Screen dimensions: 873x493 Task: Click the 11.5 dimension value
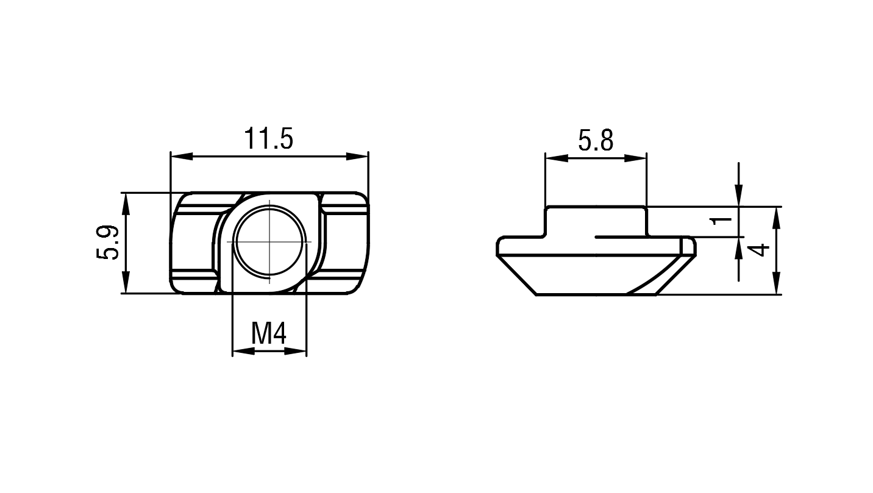pos(268,138)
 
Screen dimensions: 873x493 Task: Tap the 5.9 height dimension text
pos(107,242)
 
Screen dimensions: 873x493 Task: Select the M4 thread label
pos(268,333)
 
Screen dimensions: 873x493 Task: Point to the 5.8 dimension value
pos(596,140)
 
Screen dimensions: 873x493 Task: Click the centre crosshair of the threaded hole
pos(269,242)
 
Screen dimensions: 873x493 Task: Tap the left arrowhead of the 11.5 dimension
pos(182,156)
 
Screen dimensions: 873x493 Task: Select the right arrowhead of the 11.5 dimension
pos(357,156)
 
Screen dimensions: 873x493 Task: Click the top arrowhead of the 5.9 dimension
pos(126,204)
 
